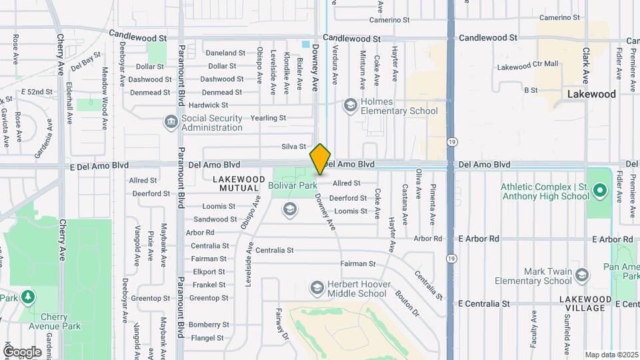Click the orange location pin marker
[320, 159]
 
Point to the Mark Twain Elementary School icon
[582, 275]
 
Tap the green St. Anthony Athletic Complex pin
[599, 191]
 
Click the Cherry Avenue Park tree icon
[27, 296]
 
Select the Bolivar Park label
[292, 185]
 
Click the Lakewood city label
[591, 94]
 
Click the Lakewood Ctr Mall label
[527, 66]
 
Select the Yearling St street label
[268, 118]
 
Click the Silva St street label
[293, 147]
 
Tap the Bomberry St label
[209, 325]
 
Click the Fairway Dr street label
[283, 323]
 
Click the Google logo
[22, 351]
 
